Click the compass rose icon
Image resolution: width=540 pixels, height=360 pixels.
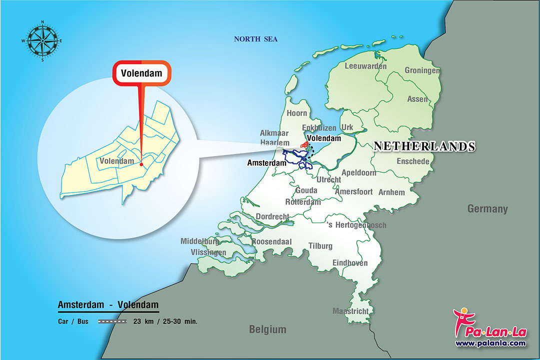[42, 40]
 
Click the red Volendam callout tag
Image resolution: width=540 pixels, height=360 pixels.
[142, 73]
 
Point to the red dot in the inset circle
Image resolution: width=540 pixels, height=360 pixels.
[141, 164]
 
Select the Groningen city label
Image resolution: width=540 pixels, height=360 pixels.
[422, 70]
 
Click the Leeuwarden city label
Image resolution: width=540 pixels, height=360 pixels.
[365, 66]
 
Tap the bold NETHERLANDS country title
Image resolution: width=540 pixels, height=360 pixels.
[424, 146]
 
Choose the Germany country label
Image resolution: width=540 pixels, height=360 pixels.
[487, 209]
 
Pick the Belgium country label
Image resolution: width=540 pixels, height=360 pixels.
[268, 329]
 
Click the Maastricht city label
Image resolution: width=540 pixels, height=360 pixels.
[350, 311]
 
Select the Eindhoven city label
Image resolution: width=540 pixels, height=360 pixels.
[350, 263]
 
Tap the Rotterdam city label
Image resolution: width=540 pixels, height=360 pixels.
[302, 202]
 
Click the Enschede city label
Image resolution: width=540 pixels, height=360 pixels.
[412, 161]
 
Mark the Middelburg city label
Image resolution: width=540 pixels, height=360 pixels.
[200, 241]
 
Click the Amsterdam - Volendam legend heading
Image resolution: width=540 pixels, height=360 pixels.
[108, 304]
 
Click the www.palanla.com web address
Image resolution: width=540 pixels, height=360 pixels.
[490, 343]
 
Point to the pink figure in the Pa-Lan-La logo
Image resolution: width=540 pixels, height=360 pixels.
[460, 320]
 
